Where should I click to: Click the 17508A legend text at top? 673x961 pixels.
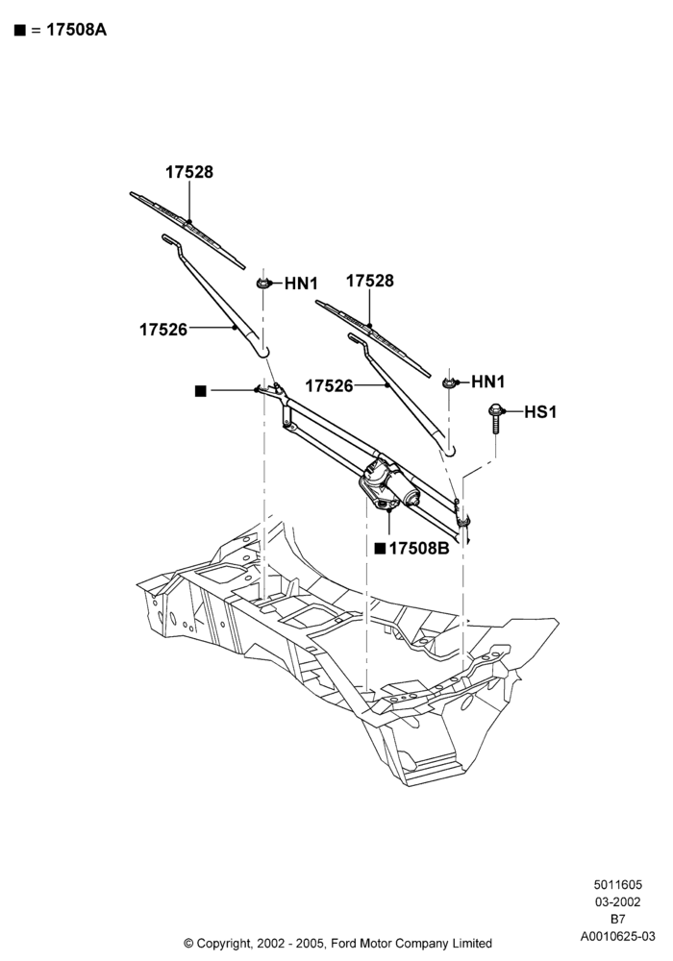click(77, 30)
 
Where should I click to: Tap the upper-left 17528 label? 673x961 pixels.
click(189, 172)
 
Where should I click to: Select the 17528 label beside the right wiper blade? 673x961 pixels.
click(370, 281)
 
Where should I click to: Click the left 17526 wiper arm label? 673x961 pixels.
click(163, 330)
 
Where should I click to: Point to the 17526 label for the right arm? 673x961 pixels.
click(329, 386)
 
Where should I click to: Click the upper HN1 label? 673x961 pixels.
click(302, 283)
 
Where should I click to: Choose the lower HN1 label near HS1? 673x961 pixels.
click(487, 382)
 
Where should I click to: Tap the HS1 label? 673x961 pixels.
click(540, 412)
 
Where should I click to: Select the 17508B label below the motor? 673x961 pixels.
click(419, 549)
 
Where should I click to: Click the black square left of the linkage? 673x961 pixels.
click(200, 391)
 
